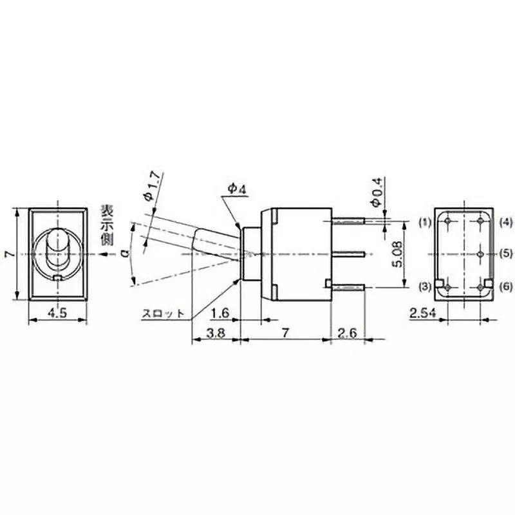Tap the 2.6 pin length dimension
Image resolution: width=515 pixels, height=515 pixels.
[x=346, y=333]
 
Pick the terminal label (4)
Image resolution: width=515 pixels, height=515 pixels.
[x=505, y=222]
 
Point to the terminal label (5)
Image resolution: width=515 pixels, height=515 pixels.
[x=505, y=253]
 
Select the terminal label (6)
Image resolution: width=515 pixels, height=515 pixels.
[x=505, y=285]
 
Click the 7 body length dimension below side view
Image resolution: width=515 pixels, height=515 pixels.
[x=284, y=333]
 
